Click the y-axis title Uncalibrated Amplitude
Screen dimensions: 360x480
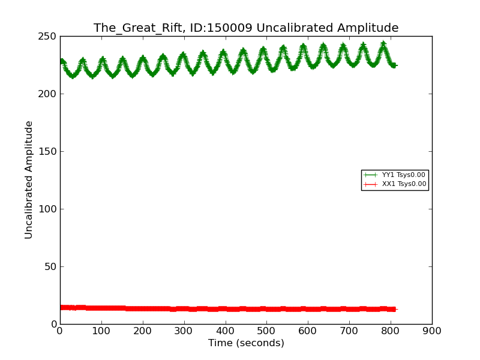pyautogui.click(x=29, y=179)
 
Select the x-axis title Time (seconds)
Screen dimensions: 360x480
pyautogui.click(x=246, y=343)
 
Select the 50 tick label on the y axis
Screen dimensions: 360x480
pyautogui.click(x=52, y=267)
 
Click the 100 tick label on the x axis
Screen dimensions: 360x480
pyautogui.click(x=101, y=331)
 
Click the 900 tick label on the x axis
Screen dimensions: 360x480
pyautogui.click(x=432, y=331)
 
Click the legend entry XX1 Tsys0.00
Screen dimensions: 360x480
pyautogui.click(x=404, y=184)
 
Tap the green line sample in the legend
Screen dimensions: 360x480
pyautogui.click(x=370, y=175)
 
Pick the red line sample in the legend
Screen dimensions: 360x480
pyautogui.click(x=370, y=184)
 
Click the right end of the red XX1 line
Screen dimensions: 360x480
pyautogui.click(x=395, y=309)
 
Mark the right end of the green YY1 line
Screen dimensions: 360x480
pyautogui.click(x=396, y=65)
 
